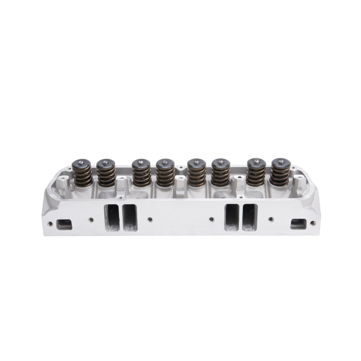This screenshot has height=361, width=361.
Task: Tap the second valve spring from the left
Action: click(x=106, y=175)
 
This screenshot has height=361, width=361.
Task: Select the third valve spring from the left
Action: click(x=142, y=175)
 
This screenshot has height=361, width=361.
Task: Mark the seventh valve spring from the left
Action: click(x=255, y=174)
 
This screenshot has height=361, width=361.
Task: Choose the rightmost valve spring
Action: click(x=279, y=174)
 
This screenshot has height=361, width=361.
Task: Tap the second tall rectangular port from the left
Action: click(x=129, y=217)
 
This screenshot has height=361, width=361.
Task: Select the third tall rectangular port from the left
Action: click(x=232, y=217)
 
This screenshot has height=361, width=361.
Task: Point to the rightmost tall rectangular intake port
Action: click(x=249, y=217)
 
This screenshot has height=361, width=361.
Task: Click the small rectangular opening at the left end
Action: click(x=65, y=223)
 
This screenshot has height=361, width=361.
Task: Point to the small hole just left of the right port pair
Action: click(x=211, y=219)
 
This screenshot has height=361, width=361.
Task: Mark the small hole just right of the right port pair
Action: click(x=271, y=219)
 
